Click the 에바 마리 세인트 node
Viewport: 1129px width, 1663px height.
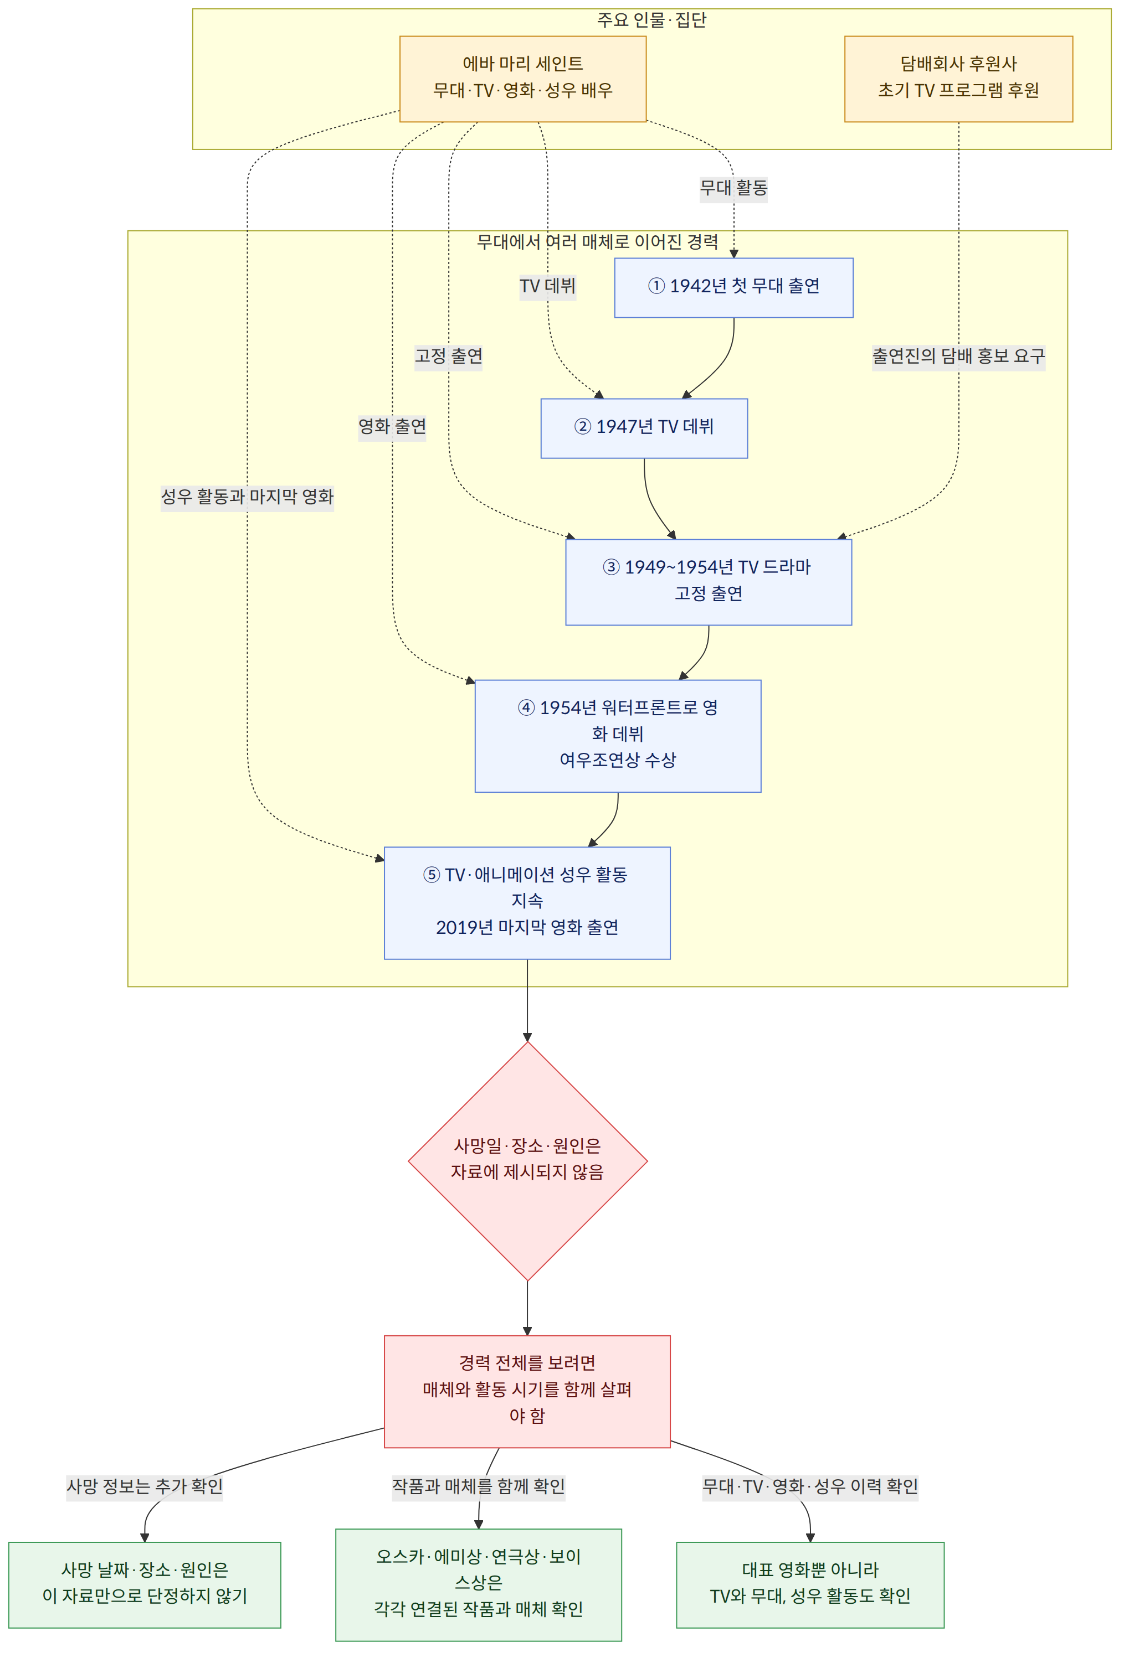(522, 79)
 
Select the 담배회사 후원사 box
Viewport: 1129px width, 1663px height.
(958, 79)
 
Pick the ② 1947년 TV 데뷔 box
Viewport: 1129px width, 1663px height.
(644, 428)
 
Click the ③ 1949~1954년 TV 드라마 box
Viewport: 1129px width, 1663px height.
(709, 582)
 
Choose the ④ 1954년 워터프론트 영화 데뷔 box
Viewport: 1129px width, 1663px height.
(618, 736)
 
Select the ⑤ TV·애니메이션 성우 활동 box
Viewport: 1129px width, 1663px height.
(527, 903)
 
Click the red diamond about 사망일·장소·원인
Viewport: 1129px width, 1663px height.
(527, 1161)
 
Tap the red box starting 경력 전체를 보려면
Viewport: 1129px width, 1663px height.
(527, 1391)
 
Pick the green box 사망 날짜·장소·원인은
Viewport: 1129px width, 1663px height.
(145, 1584)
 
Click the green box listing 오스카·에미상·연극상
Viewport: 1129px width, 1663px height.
(478, 1584)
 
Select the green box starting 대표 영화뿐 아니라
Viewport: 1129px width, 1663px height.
(810, 1584)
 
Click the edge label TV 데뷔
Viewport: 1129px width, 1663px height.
(548, 287)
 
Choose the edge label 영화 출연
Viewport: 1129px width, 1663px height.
(392, 426)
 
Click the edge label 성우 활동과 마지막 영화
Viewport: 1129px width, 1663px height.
(247, 497)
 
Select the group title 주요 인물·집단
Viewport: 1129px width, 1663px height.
(651, 20)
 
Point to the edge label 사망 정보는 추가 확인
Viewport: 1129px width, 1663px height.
(145, 1487)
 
